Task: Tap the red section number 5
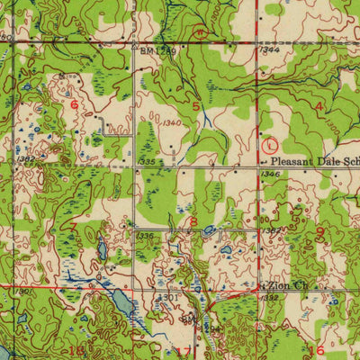(196, 106)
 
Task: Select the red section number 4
(319, 106)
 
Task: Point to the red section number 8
(193, 220)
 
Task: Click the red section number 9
(320, 231)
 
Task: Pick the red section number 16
(315, 350)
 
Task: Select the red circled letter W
(200, 31)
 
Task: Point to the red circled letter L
(273, 144)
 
